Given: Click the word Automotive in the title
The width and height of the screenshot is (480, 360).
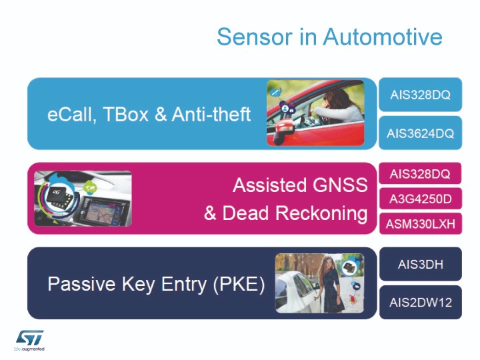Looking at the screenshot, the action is (383, 37).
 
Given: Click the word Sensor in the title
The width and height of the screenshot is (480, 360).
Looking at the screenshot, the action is (255, 37).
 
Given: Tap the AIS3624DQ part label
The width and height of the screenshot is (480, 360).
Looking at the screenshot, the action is (420, 133).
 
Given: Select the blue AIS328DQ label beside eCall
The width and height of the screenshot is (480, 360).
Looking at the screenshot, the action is (420, 95).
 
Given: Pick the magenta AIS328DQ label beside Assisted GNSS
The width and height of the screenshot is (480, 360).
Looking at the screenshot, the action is (420, 174).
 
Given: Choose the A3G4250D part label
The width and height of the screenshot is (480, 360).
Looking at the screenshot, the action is (420, 199).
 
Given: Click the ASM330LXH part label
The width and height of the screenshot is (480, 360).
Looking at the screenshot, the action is (420, 224).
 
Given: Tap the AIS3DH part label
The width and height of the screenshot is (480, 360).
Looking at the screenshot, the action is (420, 264).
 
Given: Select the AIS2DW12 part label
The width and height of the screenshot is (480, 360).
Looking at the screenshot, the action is (420, 303).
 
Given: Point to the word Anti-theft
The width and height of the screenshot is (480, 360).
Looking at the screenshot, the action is (211, 114).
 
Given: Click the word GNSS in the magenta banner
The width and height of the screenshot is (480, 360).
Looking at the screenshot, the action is (340, 185).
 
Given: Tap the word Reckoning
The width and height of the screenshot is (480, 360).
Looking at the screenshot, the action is (321, 213).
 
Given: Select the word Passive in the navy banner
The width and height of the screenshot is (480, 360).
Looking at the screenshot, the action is (81, 284).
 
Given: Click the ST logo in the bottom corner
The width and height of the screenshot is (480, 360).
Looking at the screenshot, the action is (30, 338).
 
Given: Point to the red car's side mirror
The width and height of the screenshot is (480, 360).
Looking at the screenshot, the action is (285, 129).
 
